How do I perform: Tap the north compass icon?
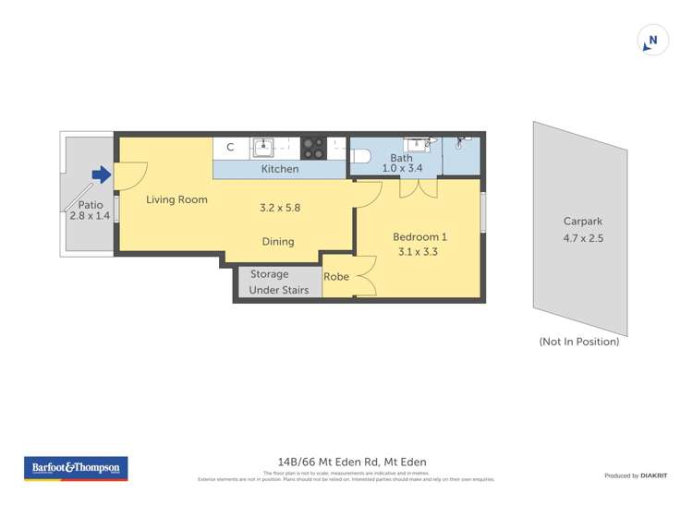tap(653, 41)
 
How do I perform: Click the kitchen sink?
tap(263, 146)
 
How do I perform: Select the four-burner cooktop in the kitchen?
tap(313, 147)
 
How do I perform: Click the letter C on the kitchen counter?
tap(230, 147)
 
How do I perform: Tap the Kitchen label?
tap(280, 169)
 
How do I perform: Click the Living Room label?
tap(176, 199)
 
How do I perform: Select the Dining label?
tap(277, 242)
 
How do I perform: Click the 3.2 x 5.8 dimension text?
tap(280, 208)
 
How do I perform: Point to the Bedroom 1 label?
tap(419, 236)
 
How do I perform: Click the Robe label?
tap(335, 276)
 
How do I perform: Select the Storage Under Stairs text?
tap(279, 283)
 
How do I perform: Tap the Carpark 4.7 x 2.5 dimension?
tap(582, 237)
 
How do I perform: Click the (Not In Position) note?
tap(579, 342)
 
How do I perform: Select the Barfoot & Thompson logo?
tap(77, 469)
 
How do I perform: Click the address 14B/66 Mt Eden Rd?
tap(352, 462)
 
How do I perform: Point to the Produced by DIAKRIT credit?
tap(636, 475)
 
